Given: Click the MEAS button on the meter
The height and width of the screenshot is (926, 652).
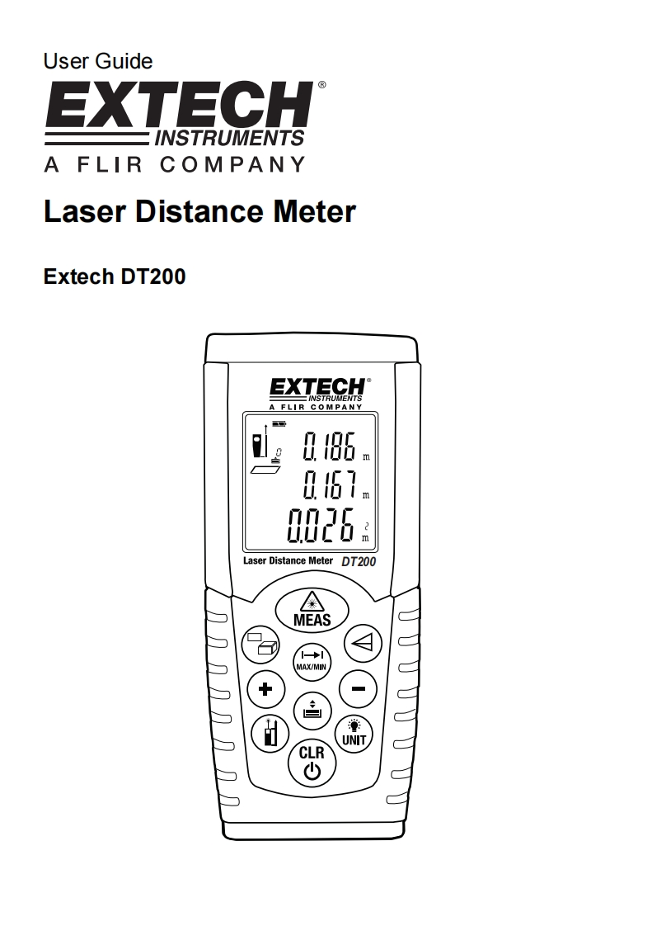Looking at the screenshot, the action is click(311, 610).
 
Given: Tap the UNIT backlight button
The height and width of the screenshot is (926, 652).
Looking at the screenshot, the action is click(354, 732).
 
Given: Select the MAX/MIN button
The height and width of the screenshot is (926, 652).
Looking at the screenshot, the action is click(311, 657).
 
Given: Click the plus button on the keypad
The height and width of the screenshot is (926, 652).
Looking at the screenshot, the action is click(265, 688).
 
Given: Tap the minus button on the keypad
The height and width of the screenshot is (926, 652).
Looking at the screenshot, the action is click(357, 688).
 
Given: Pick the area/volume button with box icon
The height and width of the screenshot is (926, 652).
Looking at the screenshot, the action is click(261, 644).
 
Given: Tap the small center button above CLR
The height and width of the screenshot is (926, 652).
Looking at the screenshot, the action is click(311, 707).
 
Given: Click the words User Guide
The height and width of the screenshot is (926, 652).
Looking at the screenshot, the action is click(97, 61).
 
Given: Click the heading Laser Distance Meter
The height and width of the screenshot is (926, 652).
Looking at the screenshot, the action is click(199, 212).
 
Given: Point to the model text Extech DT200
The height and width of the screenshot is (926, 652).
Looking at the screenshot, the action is click(114, 276).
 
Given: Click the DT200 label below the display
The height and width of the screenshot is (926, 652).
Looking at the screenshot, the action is click(358, 561).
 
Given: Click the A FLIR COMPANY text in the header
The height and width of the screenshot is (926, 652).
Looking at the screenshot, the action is click(174, 164).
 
